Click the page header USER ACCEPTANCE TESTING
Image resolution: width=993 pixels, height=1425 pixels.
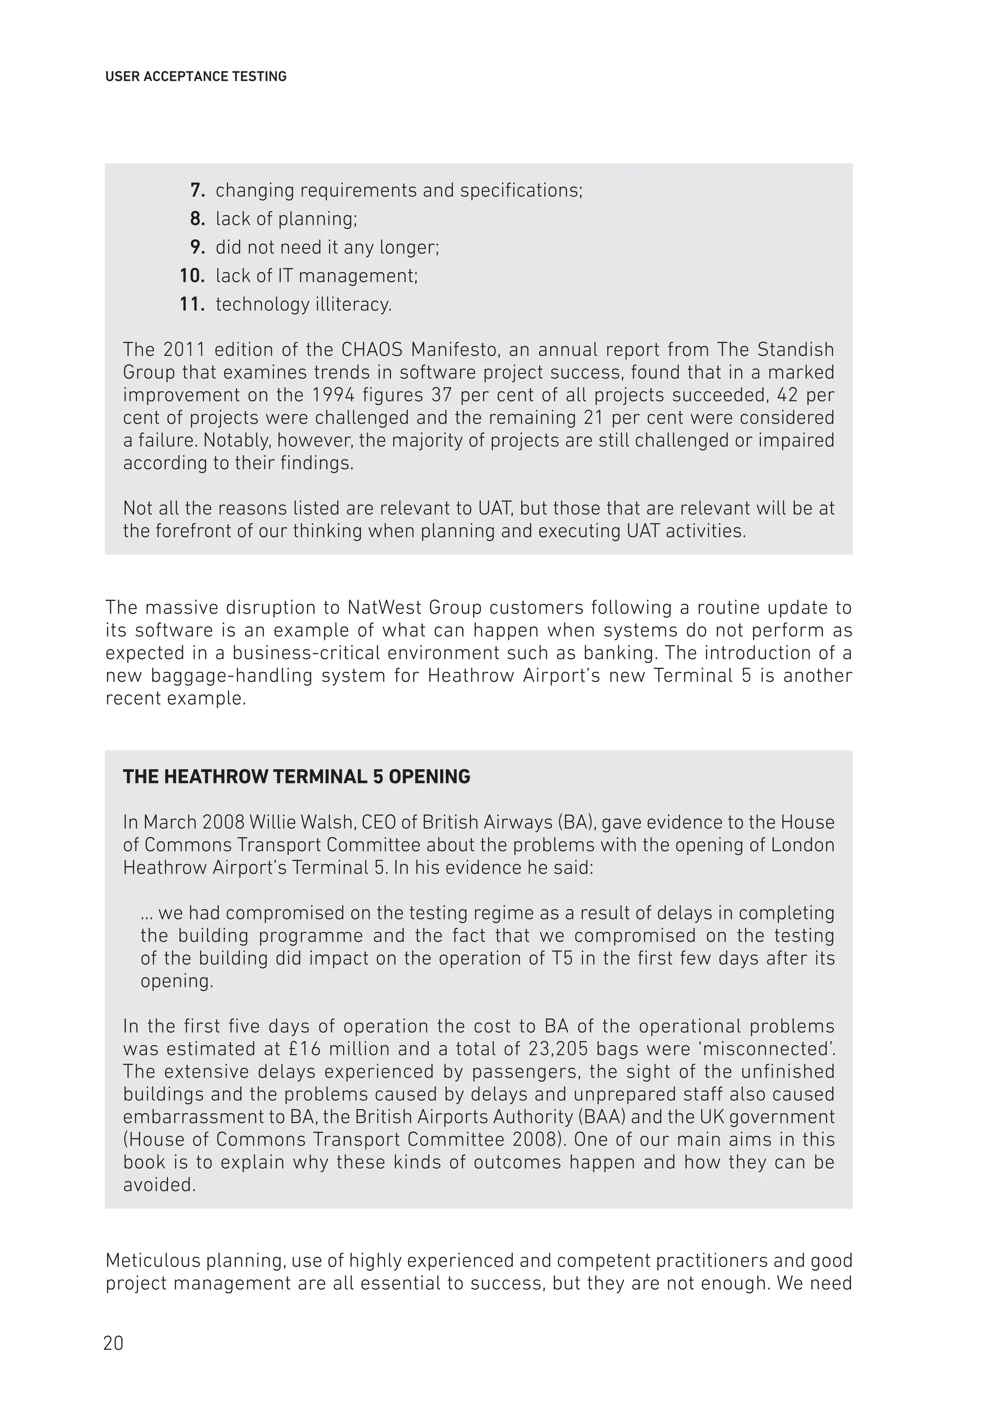pos(195,77)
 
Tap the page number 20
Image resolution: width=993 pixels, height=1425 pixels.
pos(113,1344)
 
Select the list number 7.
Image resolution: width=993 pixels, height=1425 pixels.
pos(197,190)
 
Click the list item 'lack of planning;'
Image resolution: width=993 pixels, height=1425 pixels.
pos(286,219)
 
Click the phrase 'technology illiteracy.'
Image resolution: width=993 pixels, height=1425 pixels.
pos(304,304)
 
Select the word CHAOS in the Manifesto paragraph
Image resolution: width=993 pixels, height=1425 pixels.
pos(371,349)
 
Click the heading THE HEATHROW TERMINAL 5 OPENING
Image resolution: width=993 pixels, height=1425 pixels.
pos(296,776)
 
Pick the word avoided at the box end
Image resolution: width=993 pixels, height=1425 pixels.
pos(159,1185)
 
